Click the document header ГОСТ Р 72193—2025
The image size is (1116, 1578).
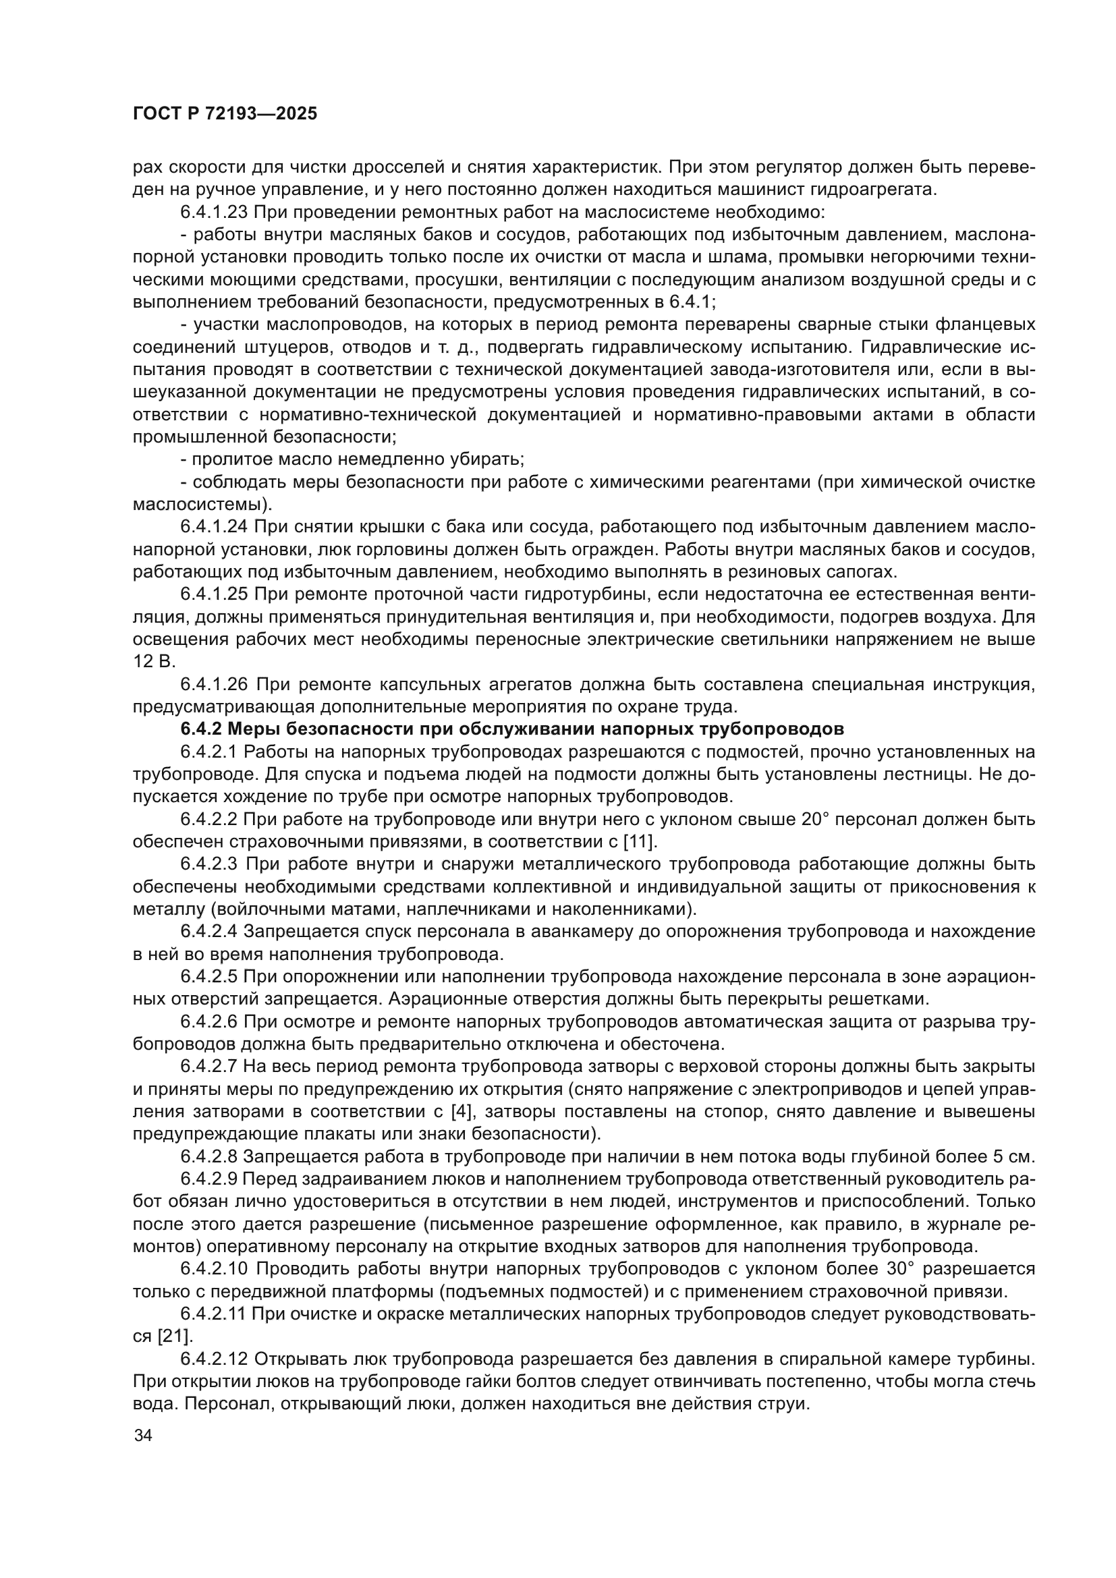(225, 114)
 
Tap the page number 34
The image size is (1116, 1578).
(143, 1436)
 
